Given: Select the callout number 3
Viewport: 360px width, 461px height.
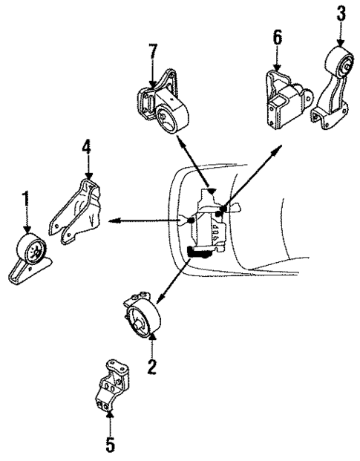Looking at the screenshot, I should click(x=341, y=13).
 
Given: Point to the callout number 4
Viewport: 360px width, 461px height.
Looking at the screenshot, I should click(x=87, y=148).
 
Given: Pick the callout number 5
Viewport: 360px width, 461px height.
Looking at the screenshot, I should click(x=110, y=446).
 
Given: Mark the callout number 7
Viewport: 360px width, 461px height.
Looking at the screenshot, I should click(x=153, y=53).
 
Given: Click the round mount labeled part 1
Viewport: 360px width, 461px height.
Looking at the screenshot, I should click(x=30, y=257).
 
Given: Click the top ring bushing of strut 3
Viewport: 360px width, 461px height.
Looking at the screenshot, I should click(x=343, y=66).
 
